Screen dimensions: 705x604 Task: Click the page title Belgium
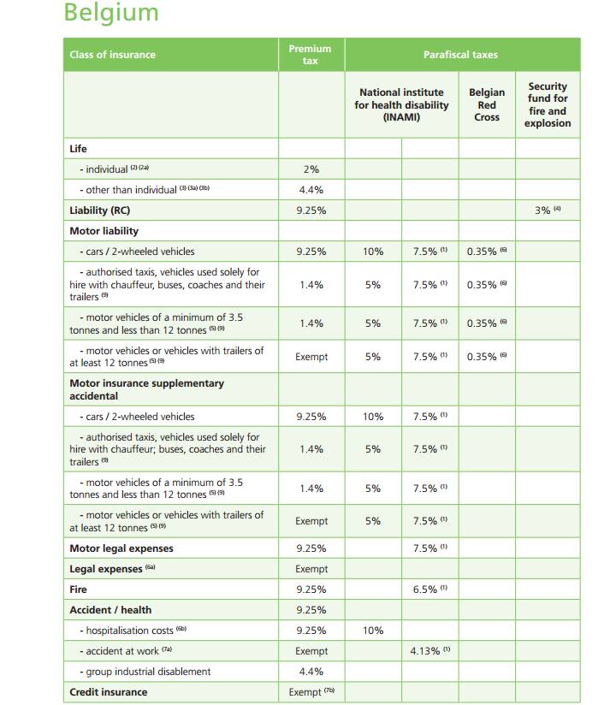coord(111,14)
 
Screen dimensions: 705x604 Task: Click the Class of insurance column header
coord(112,55)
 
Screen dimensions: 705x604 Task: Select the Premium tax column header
coord(310,55)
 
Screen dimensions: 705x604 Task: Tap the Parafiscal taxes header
coord(460,55)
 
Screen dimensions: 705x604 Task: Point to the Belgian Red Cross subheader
coord(487,104)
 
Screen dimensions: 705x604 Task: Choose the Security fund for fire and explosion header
coord(548,104)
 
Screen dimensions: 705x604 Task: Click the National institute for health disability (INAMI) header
coord(401,104)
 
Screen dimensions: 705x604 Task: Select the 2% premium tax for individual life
coord(311,169)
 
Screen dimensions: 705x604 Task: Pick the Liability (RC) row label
coord(100,210)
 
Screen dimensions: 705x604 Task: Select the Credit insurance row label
coord(108,692)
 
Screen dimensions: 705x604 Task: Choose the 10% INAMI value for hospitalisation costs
coord(373,631)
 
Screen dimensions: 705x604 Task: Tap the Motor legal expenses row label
coord(121,548)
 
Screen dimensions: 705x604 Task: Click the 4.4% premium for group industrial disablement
coord(311,672)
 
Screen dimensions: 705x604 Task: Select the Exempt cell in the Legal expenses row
coord(311,569)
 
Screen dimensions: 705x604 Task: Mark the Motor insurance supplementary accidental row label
coord(146,389)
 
